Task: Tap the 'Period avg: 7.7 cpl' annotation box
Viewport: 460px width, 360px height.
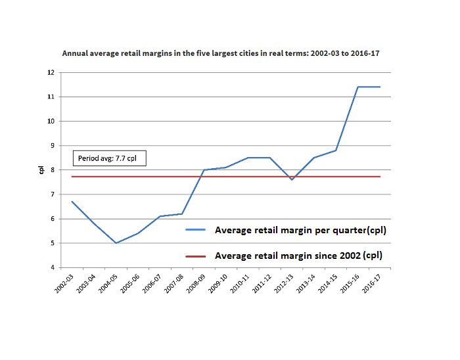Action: pos(109,158)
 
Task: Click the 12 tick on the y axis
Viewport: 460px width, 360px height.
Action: pos(54,72)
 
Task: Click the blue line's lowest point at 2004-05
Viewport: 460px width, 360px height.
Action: pos(116,243)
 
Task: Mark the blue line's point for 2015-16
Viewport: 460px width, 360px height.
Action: pos(358,87)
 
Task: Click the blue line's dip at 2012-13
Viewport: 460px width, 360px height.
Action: pos(292,179)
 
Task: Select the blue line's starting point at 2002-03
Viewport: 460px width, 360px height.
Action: pos(72,202)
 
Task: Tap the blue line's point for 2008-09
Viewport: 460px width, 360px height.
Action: pos(204,170)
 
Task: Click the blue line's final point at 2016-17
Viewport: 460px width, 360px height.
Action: pos(380,87)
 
